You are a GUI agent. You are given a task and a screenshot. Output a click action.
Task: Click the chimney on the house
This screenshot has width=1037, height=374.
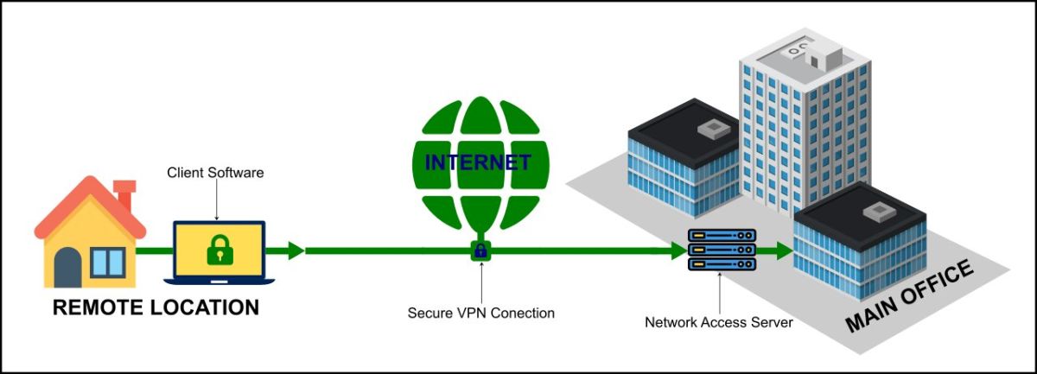pyautogui.click(x=124, y=194)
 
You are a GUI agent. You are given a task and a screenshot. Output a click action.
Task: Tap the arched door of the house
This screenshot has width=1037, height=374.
pyautogui.click(x=68, y=267)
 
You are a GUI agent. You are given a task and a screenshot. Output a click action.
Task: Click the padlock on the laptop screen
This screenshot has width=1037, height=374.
pyautogui.click(x=220, y=250)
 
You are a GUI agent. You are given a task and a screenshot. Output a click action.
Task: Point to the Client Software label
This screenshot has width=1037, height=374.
pyautogui.click(x=215, y=173)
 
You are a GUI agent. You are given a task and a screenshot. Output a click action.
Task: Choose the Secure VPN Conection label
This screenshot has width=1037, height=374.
pyautogui.click(x=481, y=312)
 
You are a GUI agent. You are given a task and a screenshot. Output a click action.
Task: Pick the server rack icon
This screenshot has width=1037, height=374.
pyautogui.click(x=722, y=250)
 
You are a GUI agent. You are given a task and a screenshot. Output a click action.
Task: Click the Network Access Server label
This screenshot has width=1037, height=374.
pyautogui.click(x=719, y=322)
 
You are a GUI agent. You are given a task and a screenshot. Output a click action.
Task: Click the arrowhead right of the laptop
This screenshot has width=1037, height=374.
pyautogui.click(x=296, y=250)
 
